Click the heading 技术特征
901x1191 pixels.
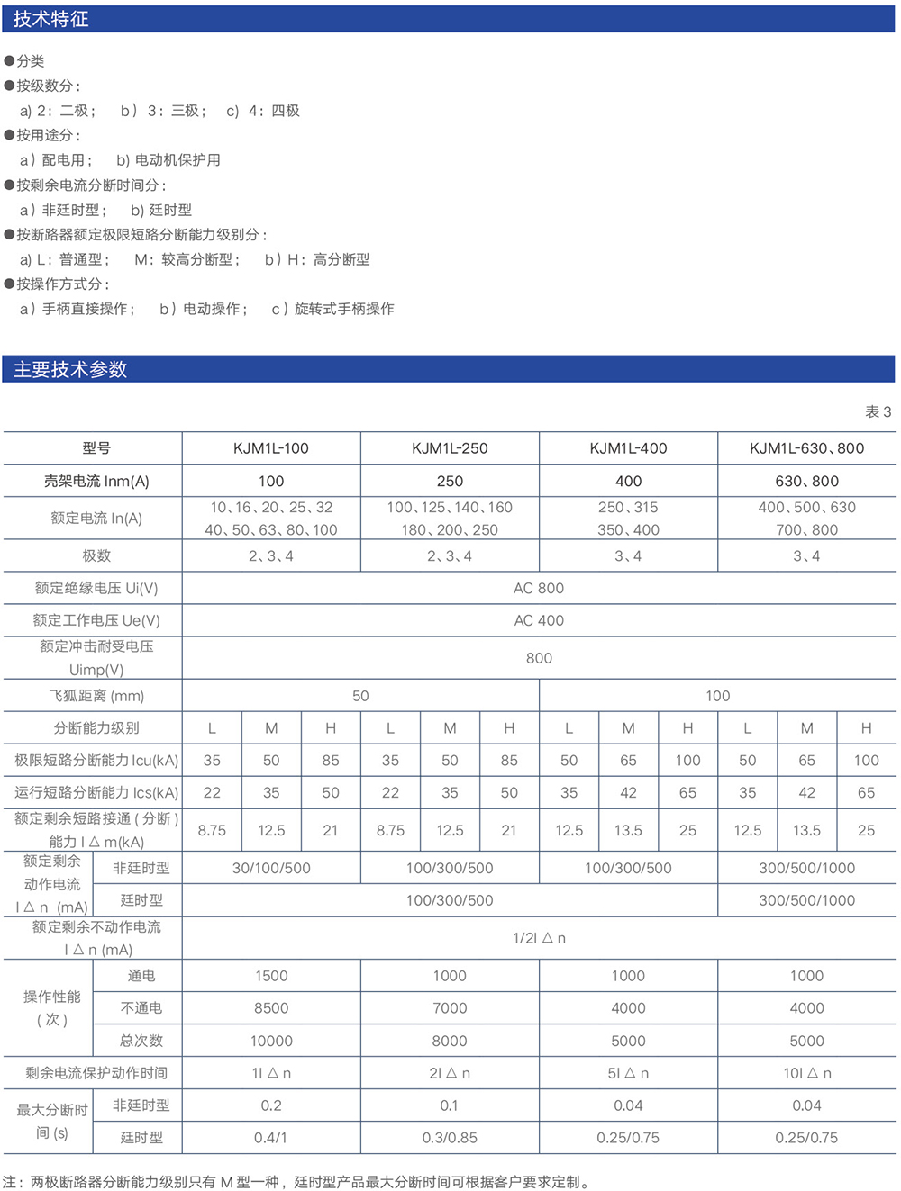point(50,19)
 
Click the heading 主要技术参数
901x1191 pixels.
point(70,369)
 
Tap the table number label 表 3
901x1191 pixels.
point(878,411)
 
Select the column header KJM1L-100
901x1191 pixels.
point(271,448)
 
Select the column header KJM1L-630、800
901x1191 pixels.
point(806,448)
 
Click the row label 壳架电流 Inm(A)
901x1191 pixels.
point(96,481)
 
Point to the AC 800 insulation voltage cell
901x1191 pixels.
point(539,588)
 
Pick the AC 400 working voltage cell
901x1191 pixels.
point(539,620)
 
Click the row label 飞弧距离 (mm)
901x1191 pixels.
point(96,696)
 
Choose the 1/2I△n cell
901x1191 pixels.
point(539,938)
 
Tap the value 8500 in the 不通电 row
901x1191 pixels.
point(271,1008)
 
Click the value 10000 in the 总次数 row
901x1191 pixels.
point(271,1041)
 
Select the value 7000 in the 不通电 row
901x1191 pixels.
point(450,1008)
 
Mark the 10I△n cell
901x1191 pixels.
point(806,1073)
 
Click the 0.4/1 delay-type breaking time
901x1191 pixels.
point(271,1138)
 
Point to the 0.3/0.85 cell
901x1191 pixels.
point(450,1138)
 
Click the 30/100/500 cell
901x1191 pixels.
point(271,868)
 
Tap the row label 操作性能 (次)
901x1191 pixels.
point(51,1008)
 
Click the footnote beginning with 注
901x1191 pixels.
point(297,1181)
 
